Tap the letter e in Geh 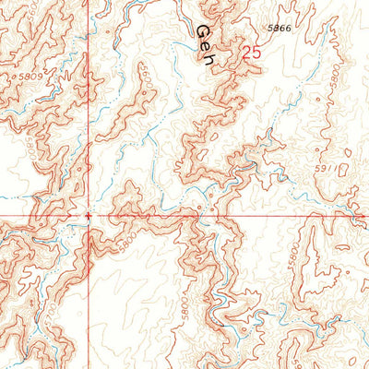[205, 45]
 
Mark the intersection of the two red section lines [88, 217]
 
